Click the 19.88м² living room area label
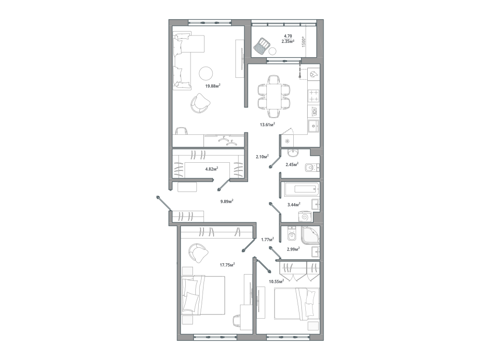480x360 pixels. coord(213,86)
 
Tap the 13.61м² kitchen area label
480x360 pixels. coord(267,124)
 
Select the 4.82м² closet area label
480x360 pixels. coord(212,168)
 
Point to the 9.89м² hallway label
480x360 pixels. coord(227,202)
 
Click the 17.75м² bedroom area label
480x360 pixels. coord(227,265)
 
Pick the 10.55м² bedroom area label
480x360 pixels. coord(276,281)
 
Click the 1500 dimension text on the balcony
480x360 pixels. coord(304,41)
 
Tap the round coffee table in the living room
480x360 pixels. coord(206,73)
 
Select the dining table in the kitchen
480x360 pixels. coord(274,96)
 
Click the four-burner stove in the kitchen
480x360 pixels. coord(313,95)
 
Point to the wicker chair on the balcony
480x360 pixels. coord(262,46)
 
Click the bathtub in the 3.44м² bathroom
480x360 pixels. coord(301,190)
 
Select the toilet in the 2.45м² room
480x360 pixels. coord(312,168)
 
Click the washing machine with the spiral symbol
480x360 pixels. coord(305,216)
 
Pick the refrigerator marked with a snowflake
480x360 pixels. coord(287,141)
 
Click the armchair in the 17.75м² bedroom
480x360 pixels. coord(198,252)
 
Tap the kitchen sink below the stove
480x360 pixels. coord(313,125)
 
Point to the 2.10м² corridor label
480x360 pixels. coord(263,157)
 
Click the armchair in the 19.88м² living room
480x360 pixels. coord(201,103)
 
